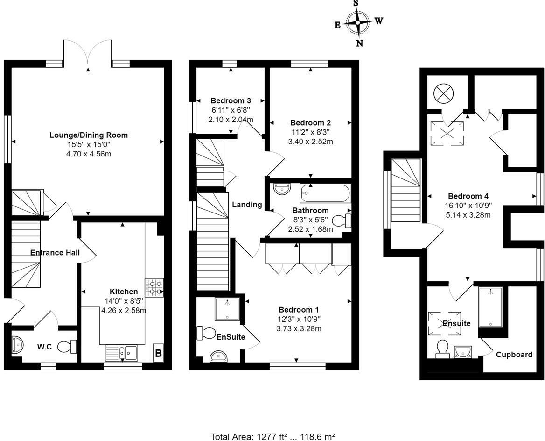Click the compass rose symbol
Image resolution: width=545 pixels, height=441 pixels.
click(x=358, y=22)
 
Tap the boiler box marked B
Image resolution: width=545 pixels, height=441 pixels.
click(x=158, y=353)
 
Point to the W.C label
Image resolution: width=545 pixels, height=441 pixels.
click(x=44, y=347)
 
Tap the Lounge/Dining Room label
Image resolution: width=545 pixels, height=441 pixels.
click(x=89, y=135)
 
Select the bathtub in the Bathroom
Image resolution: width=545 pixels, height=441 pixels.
click(x=324, y=192)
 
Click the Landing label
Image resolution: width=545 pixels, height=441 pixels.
click(x=247, y=204)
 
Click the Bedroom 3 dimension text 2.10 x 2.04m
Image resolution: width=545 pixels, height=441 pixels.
click(x=231, y=119)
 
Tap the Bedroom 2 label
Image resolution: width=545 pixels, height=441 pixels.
click(x=310, y=123)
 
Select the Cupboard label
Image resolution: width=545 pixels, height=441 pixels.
click(x=514, y=355)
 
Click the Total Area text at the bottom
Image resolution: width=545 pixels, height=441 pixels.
click(x=272, y=437)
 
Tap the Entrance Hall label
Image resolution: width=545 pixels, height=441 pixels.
click(x=55, y=253)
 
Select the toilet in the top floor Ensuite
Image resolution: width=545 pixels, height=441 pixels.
click(x=442, y=349)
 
